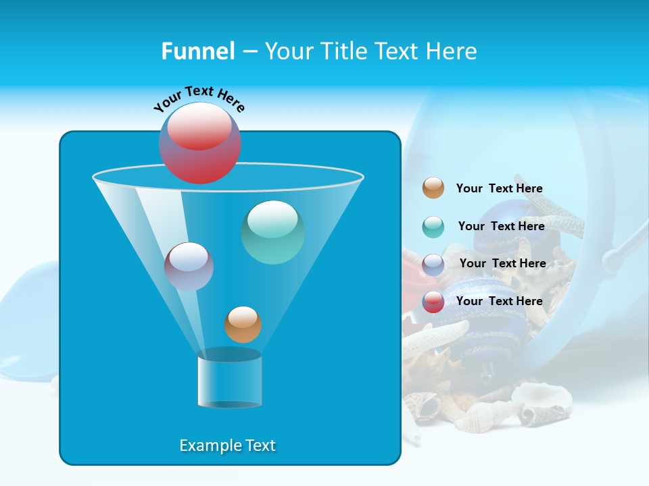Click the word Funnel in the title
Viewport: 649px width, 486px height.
tap(197, 51)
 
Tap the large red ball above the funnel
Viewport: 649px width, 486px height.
tap(199, 142)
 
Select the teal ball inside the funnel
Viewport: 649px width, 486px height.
tap(272, 232)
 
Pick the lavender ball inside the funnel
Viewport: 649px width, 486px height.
tap(189, 267)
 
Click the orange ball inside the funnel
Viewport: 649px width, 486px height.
tap(243, 325)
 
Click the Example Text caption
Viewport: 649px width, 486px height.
tap(227, 446)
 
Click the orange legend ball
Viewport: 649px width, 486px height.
tap(433, 188)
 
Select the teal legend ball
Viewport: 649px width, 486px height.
tap(433, 227)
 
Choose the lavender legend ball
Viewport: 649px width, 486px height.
tap(433, 265)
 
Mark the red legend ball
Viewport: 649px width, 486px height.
tap(433, 302)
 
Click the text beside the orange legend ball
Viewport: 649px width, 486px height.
tap(499, 188)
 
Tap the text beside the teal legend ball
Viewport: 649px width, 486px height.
tap(501, 226)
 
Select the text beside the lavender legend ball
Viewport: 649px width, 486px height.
tap(502, 263)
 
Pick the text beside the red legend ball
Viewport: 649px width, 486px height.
tap(499, 301)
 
